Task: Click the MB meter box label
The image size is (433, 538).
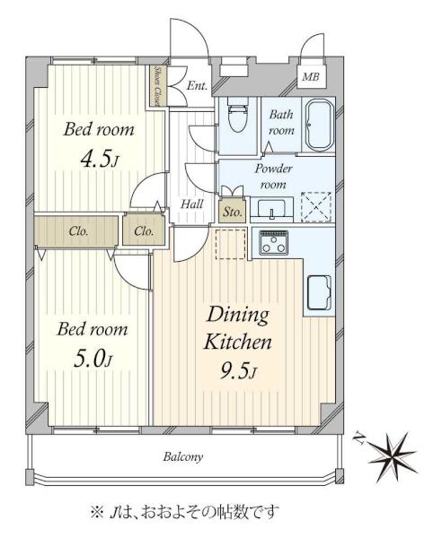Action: [311, 77]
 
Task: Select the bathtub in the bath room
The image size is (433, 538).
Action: [320, 126]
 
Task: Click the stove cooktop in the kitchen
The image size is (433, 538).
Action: [274, 243]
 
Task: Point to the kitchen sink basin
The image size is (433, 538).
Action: [319, 292]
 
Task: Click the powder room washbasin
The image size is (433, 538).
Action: [272, 208]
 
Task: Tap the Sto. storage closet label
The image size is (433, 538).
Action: [233, 212]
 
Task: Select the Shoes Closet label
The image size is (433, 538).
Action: [158, 86]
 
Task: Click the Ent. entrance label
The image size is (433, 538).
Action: [198, 85]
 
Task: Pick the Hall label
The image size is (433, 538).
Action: [192, 204]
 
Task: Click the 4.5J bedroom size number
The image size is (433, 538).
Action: [100, 159]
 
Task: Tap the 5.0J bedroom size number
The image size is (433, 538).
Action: [93, 359]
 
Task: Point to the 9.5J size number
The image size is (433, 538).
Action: [238, 370]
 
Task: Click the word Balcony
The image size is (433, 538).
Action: [183, 457]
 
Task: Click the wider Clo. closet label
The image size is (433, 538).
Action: [78, 231]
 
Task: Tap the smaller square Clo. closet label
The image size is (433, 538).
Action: [144, 231]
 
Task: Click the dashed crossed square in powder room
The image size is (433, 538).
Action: [316, 207]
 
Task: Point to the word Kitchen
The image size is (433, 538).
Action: [238, 342]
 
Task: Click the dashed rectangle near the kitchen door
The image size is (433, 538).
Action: [230, 244]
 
